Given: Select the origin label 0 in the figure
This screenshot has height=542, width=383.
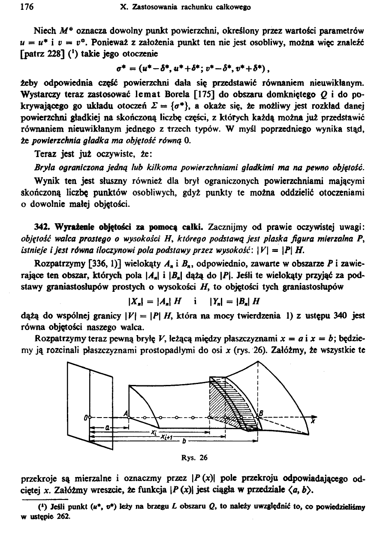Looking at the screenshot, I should click(86, 417).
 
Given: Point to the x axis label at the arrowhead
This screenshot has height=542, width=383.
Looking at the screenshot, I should click(312, 422).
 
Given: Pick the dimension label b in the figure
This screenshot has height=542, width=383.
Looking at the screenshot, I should click(184, 441).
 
